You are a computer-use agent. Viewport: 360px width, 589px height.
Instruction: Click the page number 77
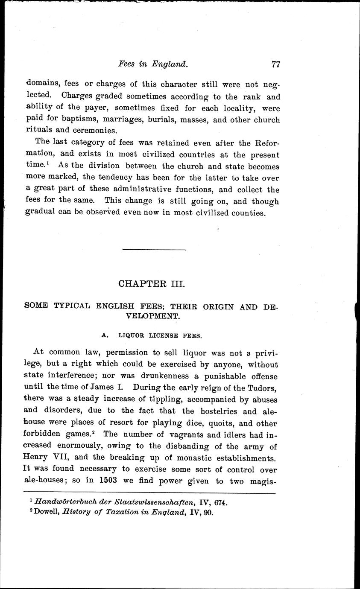[x=275, y=64]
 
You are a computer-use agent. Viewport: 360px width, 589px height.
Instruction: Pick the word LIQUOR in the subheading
[x=132, y=336]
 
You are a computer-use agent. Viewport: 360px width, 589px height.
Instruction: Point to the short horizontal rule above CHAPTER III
[x=154, y=249]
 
